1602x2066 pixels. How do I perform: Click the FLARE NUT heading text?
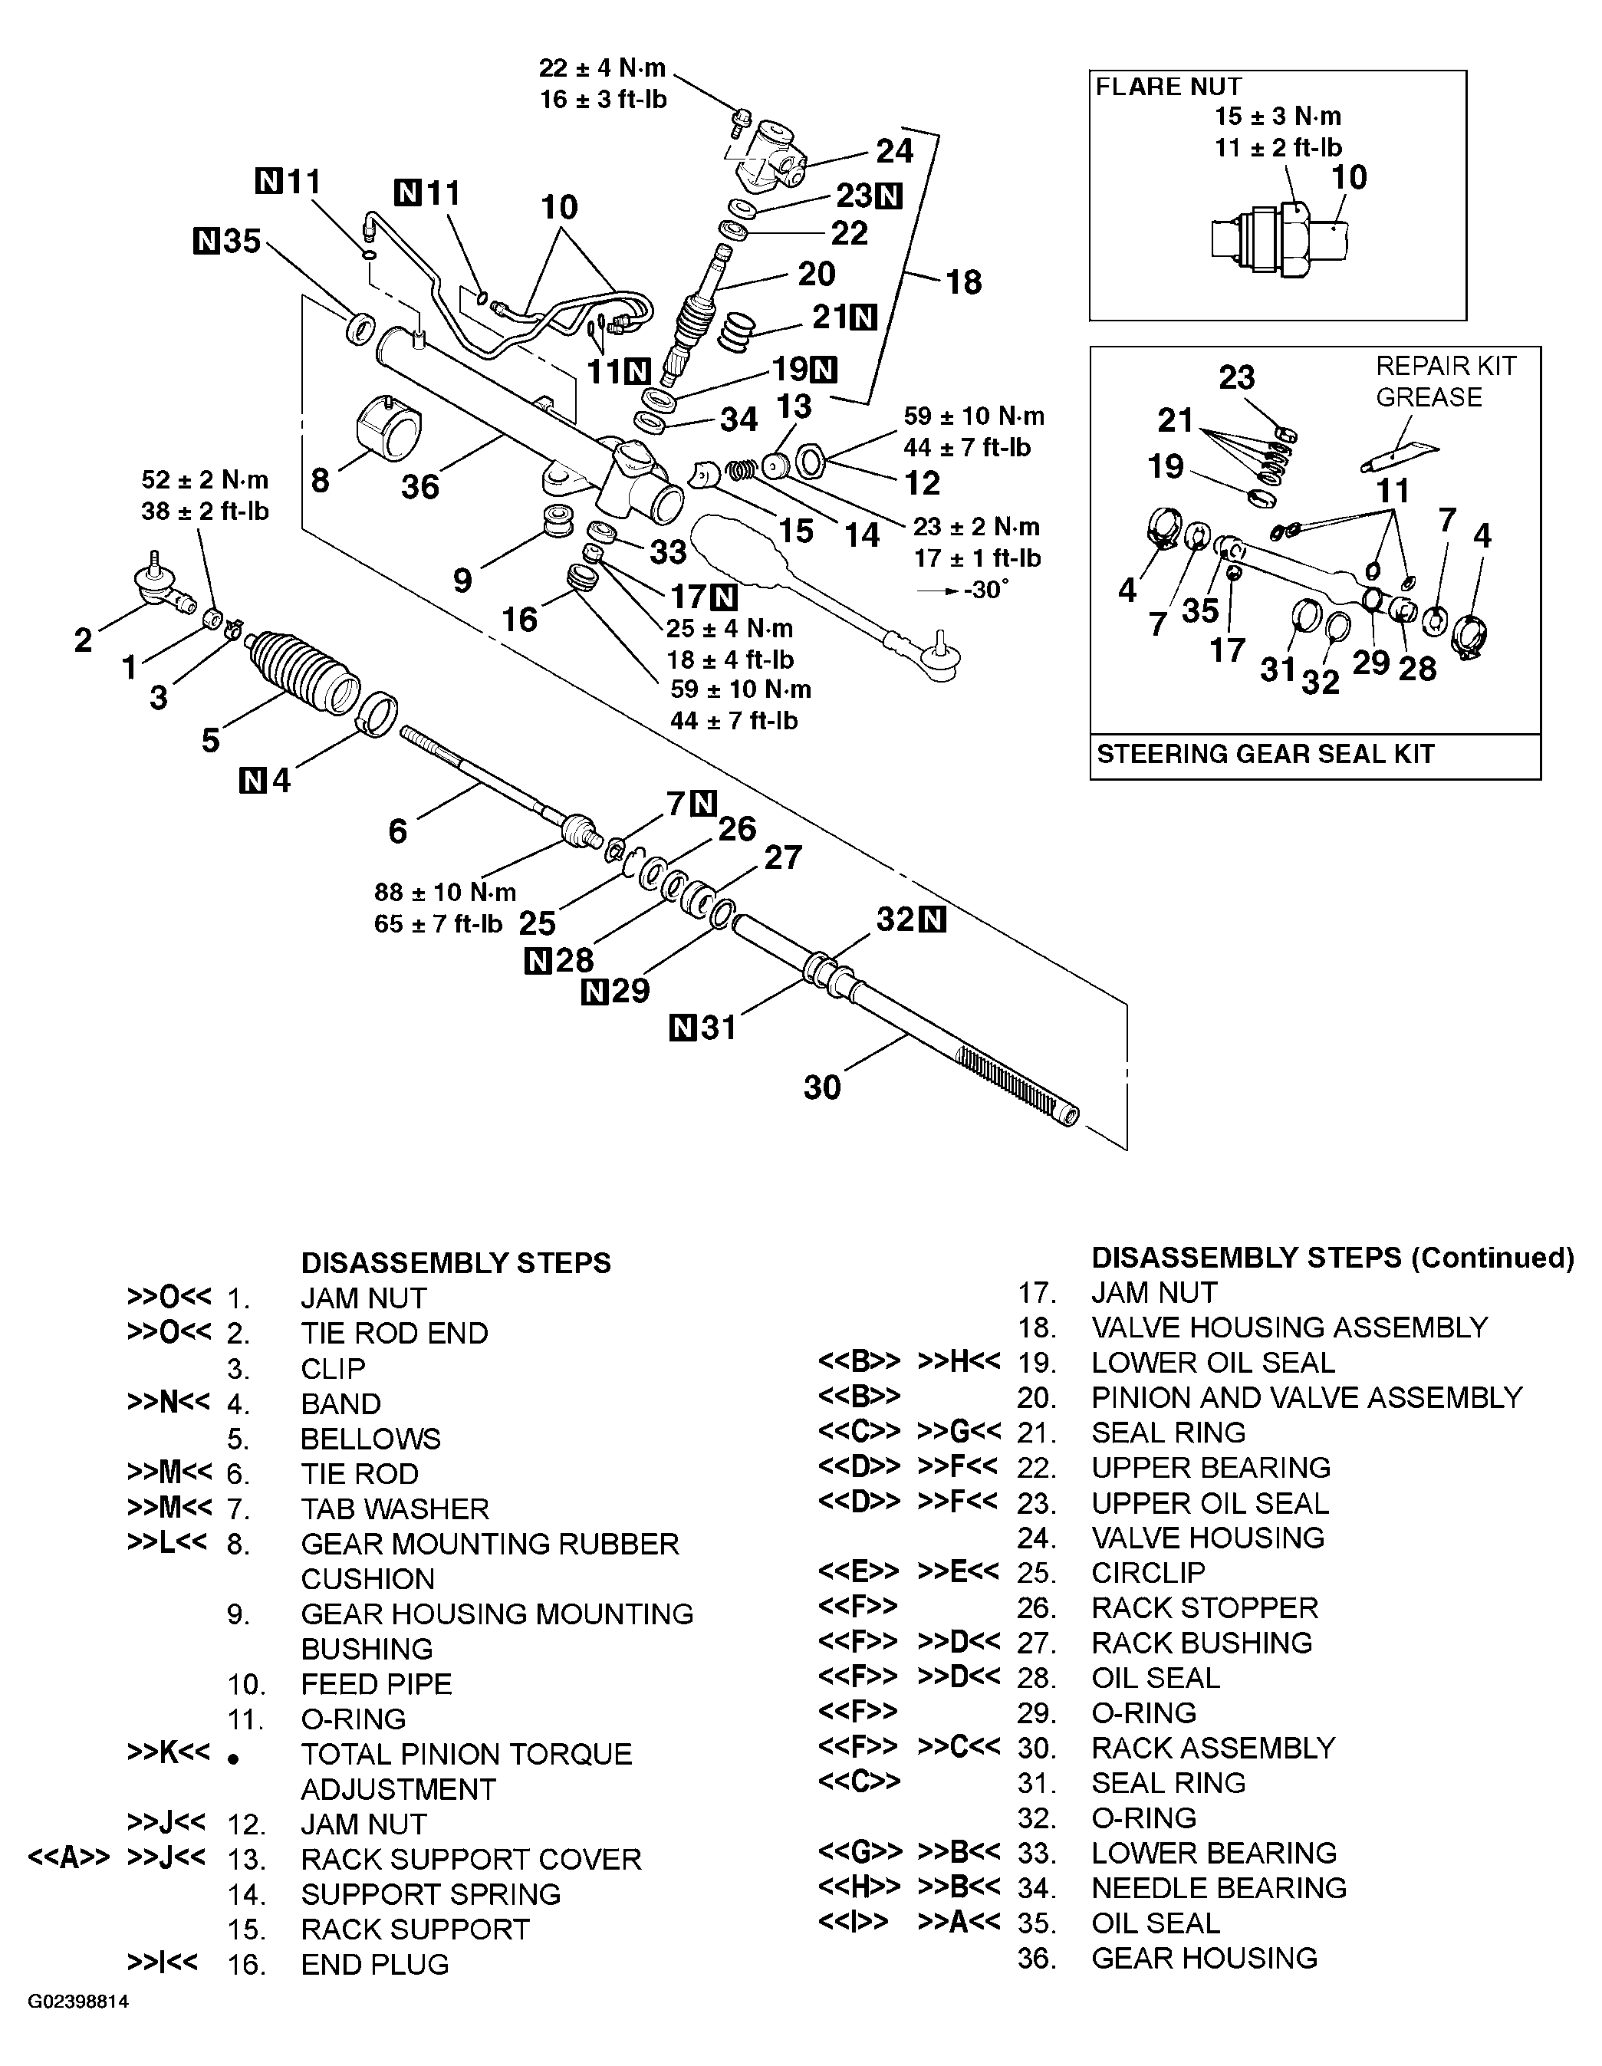1168,87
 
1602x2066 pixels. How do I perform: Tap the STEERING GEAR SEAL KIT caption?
1265,755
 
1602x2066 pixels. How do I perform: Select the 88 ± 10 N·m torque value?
445,892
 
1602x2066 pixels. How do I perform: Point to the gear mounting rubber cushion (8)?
389,431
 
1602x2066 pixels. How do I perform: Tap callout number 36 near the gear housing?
420,486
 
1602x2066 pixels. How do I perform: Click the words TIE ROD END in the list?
394,1333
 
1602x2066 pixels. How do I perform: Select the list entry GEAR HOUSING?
1204,1958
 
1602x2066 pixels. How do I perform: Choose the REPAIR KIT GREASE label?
1445,381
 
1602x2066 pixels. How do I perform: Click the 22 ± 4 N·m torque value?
603,68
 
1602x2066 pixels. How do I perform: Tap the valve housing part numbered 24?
768,153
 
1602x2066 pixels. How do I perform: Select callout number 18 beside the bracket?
964,282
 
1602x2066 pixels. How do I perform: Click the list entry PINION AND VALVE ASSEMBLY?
1306,1397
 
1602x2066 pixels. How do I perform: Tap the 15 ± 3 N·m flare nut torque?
1278,117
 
